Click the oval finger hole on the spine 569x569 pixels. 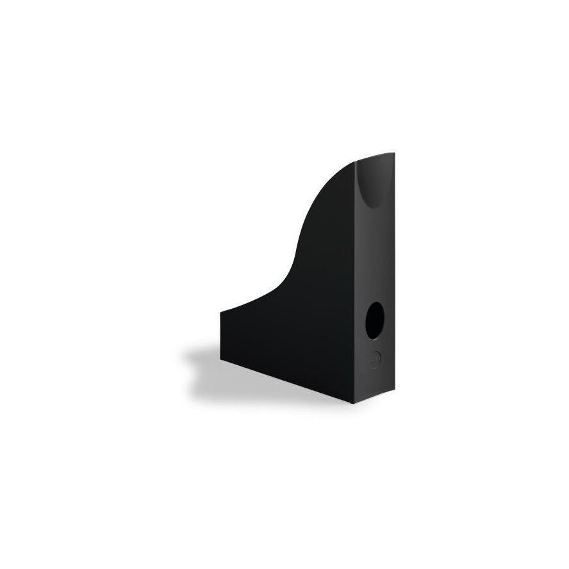click(375, 320)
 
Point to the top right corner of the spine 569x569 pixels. click(393, 153)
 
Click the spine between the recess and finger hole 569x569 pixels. click(375, 256)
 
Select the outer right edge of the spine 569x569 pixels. click(394, 276)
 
